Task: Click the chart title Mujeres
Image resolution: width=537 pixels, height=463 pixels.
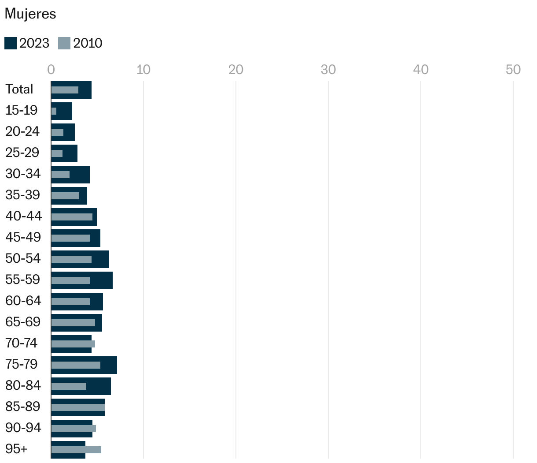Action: tap(30, 14)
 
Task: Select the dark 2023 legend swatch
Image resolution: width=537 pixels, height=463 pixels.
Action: tap(11, 43)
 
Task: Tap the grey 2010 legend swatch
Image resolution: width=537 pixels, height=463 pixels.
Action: tap(64, 43)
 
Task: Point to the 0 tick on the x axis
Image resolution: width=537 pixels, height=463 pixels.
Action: tap(51, 70)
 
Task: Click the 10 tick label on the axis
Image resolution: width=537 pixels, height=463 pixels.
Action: tap(143, 70)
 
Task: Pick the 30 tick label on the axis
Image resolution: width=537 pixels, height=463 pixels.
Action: tap(328, 70)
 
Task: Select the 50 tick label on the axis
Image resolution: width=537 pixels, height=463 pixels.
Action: tap(513, 70)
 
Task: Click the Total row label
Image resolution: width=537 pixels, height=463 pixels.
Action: tap(19, 89)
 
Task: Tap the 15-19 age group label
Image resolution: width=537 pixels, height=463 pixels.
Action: tap(22, 110)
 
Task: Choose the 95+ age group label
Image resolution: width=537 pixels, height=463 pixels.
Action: tap(16, 449)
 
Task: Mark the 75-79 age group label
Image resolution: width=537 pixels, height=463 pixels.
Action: tap(22, 364)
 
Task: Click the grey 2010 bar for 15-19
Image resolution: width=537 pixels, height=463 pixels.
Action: tap(54, 111)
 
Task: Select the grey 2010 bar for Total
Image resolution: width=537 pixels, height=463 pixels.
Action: tap(65, 90)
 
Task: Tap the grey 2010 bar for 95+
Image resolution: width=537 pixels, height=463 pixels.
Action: tap(76, 450)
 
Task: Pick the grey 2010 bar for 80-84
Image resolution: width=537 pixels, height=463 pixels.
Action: tap(69, 386)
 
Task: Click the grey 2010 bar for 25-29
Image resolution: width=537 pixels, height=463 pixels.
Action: tap(57, 153)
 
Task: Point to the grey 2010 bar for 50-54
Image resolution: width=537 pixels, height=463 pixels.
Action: tap(71, 259)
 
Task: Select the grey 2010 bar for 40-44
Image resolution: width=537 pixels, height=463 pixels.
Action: tap(72, 217)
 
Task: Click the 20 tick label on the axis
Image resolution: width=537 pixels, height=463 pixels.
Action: tap(236, 70)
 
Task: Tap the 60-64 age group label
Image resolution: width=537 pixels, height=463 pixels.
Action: tap(23, 301)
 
